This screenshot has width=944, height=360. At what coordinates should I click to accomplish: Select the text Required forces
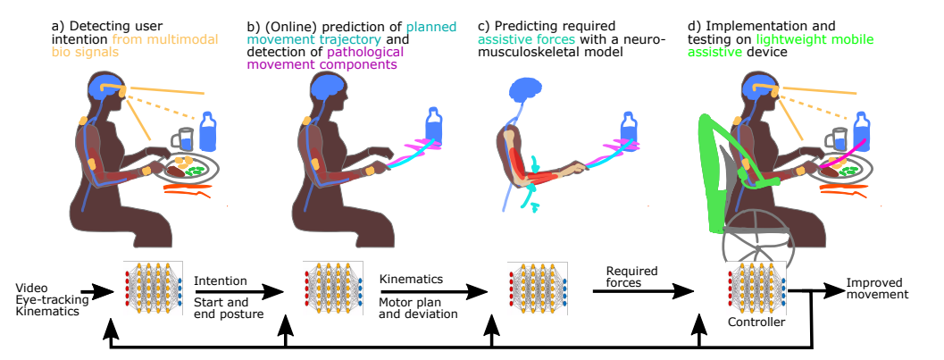click(631, 277)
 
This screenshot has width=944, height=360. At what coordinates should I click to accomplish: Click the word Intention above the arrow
click(221, 280)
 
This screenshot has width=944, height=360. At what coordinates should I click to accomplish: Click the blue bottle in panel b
click(435, 127)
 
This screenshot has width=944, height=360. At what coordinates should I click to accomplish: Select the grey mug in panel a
click(185, 140)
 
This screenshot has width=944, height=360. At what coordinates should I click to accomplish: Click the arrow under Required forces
click(642, 290)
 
